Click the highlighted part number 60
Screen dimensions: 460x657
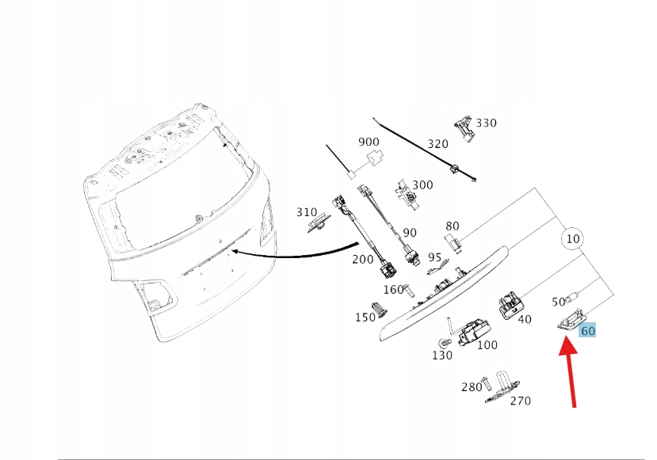click(x=588, y=331)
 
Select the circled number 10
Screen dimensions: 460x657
click(x=572, y=238)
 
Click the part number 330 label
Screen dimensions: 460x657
click(x=486, y=123)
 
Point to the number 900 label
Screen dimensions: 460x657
click(x=369, y=142)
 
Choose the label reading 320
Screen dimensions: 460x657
click(x=437, y=144)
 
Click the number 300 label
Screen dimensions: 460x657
click(x=422, y=184)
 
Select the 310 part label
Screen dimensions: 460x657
click(x=307, y=212)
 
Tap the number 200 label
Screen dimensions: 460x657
click(x=362, y=259)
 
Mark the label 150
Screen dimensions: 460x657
click(x=365, y=317)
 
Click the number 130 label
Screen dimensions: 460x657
click(x=442, y=355)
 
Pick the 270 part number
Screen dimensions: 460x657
click(x=520, y=401)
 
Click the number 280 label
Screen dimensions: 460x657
click(x=472, y=387)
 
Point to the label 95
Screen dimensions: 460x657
click(x=434, y=257)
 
